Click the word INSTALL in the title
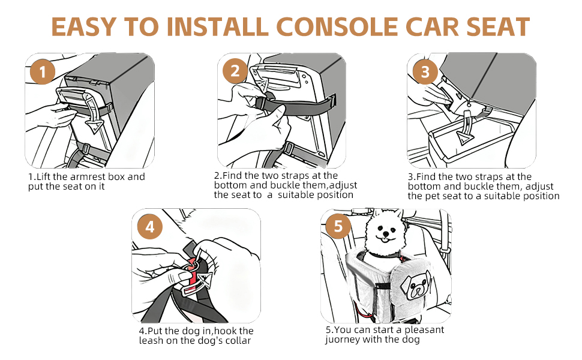tap(217, 27)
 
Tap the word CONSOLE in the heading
tap(337, 27)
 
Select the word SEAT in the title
tap(498, 27)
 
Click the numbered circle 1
tap(43, 71)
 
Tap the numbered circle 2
tap(235, 71)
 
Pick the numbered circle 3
tap(425, 71)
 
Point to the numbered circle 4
tap(150, 226)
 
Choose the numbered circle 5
tap(338, 226)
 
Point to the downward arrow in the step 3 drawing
tap(466, 128)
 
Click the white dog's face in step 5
tap(384, 231)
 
